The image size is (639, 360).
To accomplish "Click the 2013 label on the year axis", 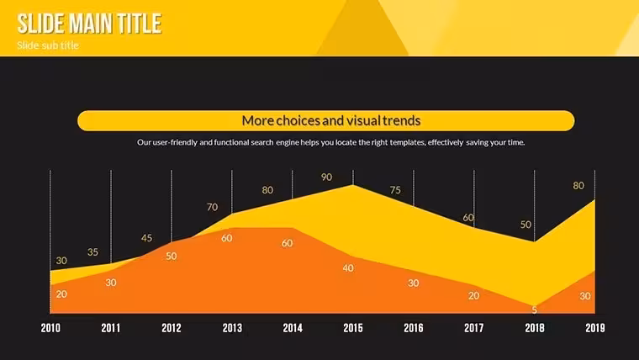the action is coord(232,328).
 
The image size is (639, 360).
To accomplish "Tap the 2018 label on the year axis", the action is coord(534,328).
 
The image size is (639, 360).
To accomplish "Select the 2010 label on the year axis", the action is coord(50,328).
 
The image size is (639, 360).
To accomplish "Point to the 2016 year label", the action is coord(413,328).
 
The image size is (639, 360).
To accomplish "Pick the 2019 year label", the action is coord(595,328).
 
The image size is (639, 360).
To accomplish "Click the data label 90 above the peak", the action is coord(326,177).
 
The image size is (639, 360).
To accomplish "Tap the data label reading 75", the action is coord(395,190).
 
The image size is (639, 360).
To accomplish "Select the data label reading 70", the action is coord(213,207).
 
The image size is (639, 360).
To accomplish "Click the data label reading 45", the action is coord(146,238).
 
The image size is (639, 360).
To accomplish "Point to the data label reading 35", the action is coord(93,252).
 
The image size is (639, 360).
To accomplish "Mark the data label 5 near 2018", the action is coord(534,310).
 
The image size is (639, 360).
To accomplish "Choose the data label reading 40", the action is coord(348,267).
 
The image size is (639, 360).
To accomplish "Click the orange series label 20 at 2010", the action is coord(61,294).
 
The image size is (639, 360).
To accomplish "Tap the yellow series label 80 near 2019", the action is coord(578,186).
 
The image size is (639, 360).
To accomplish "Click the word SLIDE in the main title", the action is coord(41,24).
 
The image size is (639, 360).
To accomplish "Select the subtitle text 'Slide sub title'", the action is coord(48,45).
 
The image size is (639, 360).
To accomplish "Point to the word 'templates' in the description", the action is coord(408,142).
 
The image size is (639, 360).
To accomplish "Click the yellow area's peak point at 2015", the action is coord(353,185).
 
